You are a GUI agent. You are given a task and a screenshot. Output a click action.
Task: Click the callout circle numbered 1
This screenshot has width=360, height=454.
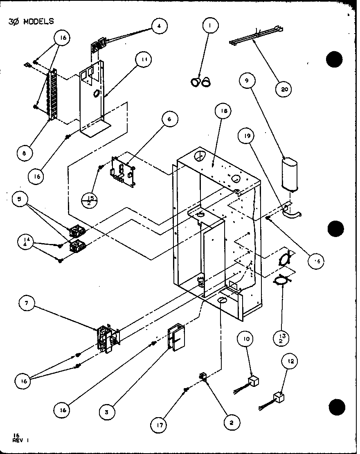[x=210, y=26]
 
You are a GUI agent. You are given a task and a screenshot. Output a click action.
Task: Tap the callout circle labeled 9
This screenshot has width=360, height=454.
[x=247, y=81]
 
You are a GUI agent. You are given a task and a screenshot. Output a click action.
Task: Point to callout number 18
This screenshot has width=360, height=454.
[x=225, y=111]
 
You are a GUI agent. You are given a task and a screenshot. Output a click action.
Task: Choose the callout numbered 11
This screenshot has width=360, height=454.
[x=143, y=60]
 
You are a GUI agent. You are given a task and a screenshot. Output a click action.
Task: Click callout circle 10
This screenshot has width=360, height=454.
[x=248, y=339]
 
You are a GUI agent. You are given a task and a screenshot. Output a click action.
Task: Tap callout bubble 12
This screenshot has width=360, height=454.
[x=291, y=361]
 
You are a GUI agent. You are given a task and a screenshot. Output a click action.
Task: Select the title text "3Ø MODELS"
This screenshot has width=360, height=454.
[x=31, y=21]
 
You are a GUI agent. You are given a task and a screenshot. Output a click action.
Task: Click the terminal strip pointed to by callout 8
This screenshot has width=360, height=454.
[x=52, y=95]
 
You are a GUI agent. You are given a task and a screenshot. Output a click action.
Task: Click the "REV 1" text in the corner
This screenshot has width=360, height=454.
[x=18, y=440]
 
